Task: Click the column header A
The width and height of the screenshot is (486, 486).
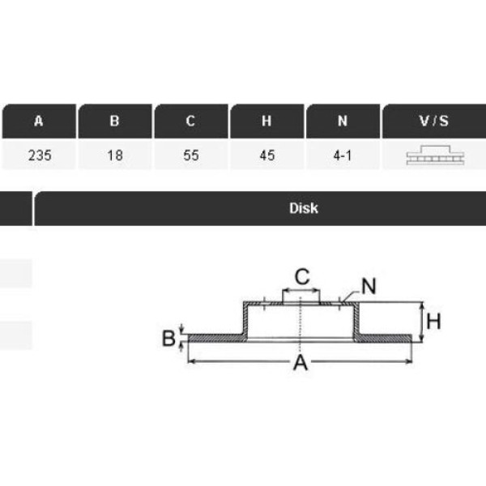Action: (x=38, y=121)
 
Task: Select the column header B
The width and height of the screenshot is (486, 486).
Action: (x=115, y=121)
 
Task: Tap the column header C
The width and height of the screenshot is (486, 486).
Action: (x=191, y=121)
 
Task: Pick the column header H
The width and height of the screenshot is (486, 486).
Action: (x=266, y=121)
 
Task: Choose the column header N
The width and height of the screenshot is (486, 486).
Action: (x=343, y=121)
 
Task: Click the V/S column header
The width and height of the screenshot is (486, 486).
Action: (x=434, y=121)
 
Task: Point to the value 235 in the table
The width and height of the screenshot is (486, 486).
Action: (x=40, y=156)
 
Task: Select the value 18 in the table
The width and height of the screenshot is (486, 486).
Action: (x=115, y=156)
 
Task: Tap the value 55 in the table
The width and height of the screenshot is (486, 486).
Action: (x=191, y=156)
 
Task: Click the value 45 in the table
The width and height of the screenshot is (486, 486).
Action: (x=267, y=156)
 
